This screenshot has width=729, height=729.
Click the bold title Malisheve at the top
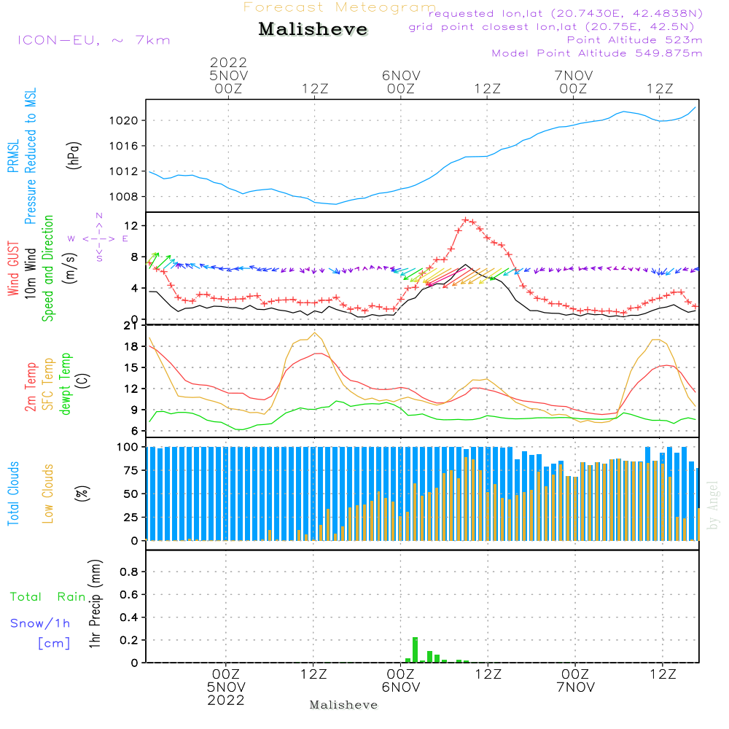(x=313, y=30)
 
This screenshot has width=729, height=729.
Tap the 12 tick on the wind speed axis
(x=133, y=226)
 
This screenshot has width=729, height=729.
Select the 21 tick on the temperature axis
(x=133, y=326)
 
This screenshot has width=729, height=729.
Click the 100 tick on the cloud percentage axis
(x=128, y=446)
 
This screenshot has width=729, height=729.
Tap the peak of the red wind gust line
(x=465, y=219)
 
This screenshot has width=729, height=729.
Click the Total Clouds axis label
(x=14, y=494)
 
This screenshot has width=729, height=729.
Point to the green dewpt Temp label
(x=66, y=384)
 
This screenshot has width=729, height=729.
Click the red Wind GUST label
(x=14, y=268)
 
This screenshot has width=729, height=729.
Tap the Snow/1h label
(x=40, y=623)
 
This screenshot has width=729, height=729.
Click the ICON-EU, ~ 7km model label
(x=93, y=40)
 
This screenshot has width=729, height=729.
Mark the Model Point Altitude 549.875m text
(x=597, y=53)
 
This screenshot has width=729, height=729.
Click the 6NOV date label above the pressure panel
(x=400, y=75)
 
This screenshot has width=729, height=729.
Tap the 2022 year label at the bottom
(x=226, y=700)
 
